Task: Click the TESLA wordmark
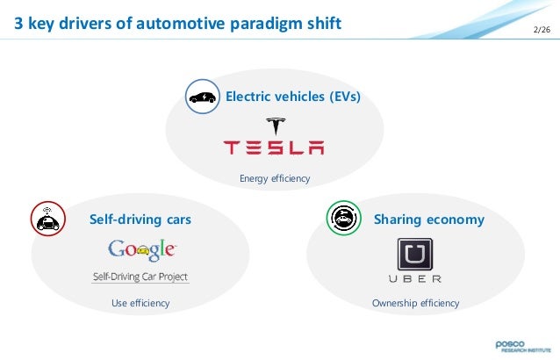(x=274, y=148)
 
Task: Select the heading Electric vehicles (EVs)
(x=293, y=96)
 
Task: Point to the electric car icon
(x=202, y=96)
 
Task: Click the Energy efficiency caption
(x=275, y=179)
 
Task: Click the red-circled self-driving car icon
(x=46, y=217)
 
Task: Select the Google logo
(x=141, y=249)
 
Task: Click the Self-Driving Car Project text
(x=140, y=277)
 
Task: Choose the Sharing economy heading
(x=427, y=217)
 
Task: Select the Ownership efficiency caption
(x=415, y=303)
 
